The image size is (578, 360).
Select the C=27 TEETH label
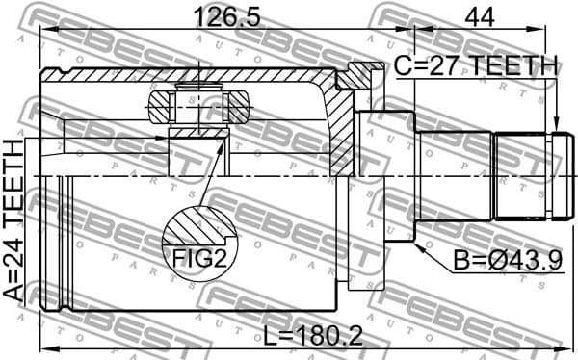476,66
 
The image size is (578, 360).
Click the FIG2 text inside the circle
199,258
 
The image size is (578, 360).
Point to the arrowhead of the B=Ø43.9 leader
418,244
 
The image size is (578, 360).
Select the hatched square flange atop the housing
359,76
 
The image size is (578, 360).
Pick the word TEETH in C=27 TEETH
511,66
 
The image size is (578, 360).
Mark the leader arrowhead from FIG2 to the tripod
224,142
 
